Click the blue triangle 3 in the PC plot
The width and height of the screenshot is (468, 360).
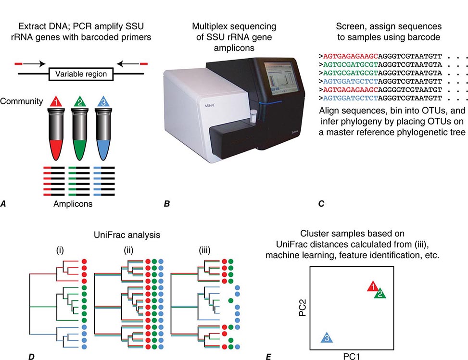[327, 337]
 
